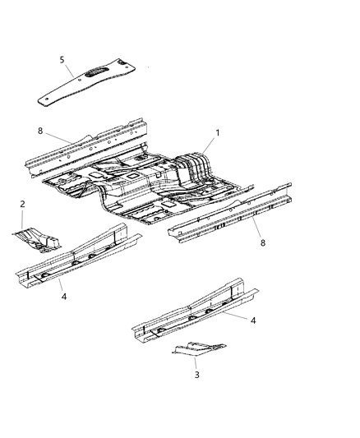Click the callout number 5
61,59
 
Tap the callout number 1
217,132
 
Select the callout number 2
22,204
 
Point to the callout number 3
196,374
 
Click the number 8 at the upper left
39,130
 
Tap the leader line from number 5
72,68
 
